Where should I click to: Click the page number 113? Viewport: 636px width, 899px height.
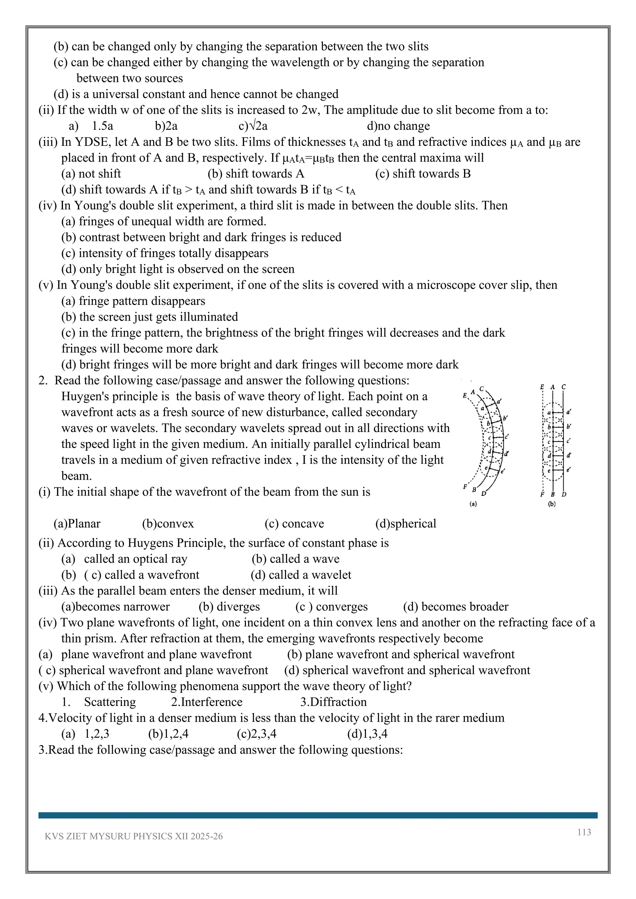584,832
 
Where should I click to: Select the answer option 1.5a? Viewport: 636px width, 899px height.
102,126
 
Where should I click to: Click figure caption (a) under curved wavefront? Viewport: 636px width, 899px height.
473,504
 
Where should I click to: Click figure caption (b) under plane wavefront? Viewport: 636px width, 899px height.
552,504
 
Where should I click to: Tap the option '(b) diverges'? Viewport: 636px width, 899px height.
229,607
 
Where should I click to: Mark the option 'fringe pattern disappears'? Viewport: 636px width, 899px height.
133,301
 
